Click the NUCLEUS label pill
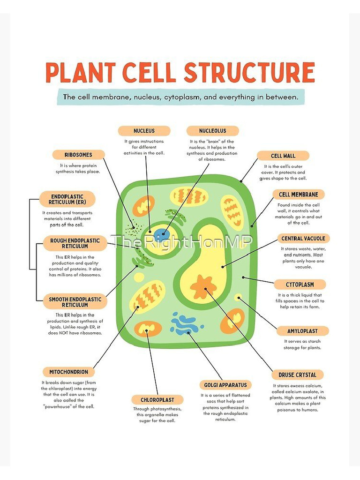tap(144, 131)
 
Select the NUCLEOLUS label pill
tap(212, 131)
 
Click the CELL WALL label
tap(283, 156)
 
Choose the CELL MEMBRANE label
tap(298, 195)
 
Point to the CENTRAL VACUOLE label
tap(302, 239)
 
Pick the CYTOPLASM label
tap(300, 285)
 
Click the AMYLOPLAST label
tap(302, 331)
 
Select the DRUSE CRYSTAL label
tap(297, 375)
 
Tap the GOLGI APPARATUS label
tap(225, 385)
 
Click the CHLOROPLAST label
tap(157, 400)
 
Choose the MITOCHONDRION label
tap(68, 372)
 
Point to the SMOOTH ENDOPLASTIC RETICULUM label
tap(75, 302)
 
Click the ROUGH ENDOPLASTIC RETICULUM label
tap(75, 243)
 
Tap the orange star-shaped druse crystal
tap(203, 287)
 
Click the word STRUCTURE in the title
tap(249, 73)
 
